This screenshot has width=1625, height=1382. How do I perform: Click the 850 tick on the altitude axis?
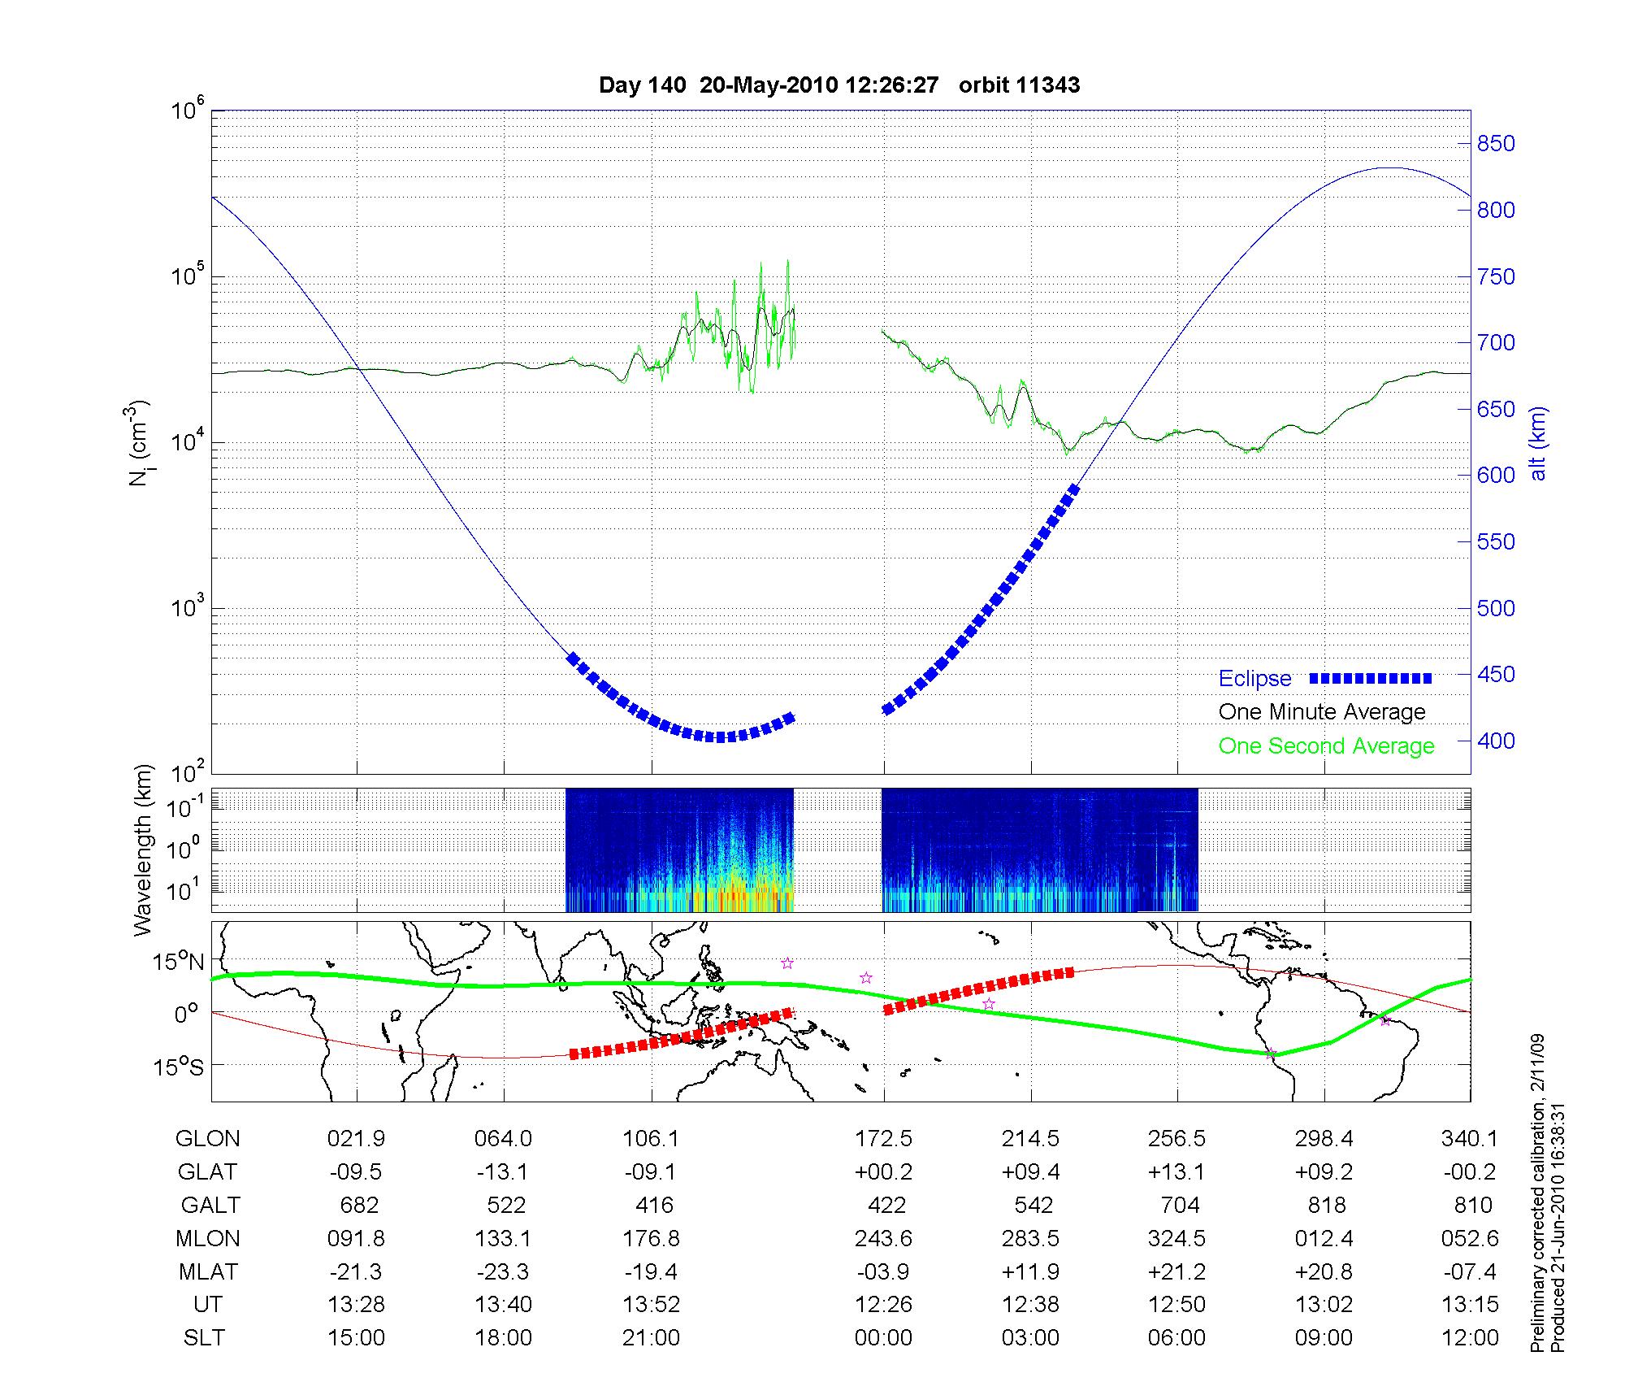1496,144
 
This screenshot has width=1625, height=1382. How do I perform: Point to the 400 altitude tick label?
1496,741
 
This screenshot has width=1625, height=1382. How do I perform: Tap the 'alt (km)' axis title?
1538,443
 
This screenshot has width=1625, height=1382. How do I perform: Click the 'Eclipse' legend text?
1254,678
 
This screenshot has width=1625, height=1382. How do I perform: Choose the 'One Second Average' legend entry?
1326,745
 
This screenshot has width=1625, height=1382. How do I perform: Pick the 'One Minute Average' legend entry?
1322,712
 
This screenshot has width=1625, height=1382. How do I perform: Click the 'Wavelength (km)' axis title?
143,850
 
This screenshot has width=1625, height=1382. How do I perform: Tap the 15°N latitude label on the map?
178,962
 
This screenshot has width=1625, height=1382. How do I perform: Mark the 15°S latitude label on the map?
178,1066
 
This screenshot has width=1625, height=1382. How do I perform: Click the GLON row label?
207,1139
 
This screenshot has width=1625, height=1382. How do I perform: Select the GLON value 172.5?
883,1139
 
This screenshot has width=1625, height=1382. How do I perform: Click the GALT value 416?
655,1205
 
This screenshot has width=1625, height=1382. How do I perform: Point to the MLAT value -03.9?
883,1271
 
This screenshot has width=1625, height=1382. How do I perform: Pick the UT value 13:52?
652,1305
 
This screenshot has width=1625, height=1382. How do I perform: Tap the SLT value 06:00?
1177,1338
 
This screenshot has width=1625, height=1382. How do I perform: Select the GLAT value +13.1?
1177,1172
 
